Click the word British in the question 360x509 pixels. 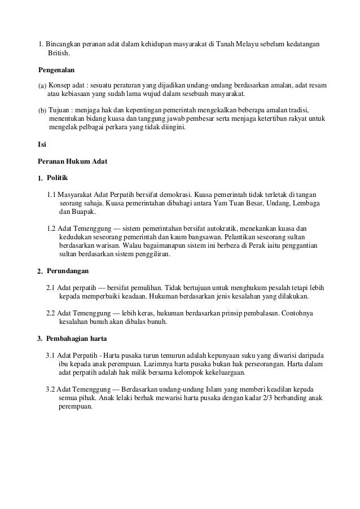tap(59, 53)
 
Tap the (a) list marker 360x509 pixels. tap(42, 85)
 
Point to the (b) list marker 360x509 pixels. tap(42, 109)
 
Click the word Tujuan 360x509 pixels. tap(61, 109)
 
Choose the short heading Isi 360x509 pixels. tap(41, 144)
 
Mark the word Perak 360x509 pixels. tap(233, 246)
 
